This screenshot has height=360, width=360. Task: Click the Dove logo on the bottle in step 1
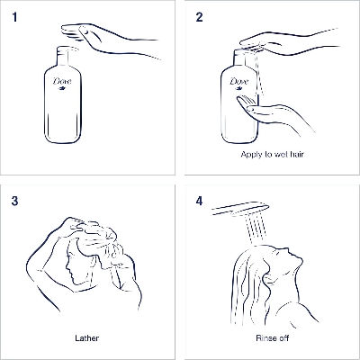(63, 83)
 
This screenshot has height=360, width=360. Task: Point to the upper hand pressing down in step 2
(288, 41)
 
